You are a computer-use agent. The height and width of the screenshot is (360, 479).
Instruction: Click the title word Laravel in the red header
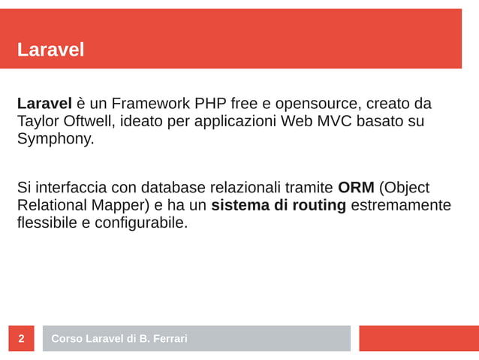click(x=50, y=50)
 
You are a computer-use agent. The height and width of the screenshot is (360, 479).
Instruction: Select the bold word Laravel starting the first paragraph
click(x=44, y=103)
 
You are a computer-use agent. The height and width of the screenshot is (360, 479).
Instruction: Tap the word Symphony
click(x=56, y=139)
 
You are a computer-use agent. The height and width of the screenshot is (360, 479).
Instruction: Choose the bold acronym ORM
click(x=356, y=187)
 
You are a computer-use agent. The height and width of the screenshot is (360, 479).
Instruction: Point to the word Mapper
click(x=125, y=205)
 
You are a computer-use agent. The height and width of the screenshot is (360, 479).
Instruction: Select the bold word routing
click(x=319, y=205)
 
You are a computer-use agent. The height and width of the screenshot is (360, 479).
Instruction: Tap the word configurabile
click(x=140, y=223)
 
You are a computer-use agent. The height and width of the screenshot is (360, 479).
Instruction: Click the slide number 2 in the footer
click(x=21, y=339)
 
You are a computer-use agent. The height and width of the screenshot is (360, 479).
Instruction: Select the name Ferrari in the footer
click(x=170, y=339)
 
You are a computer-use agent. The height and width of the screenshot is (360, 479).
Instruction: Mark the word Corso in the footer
click(x=66, y=339)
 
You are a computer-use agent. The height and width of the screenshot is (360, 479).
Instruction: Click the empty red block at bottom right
click(x=418, y=338)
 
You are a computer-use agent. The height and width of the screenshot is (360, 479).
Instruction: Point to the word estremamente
click(x=401, y=205)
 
